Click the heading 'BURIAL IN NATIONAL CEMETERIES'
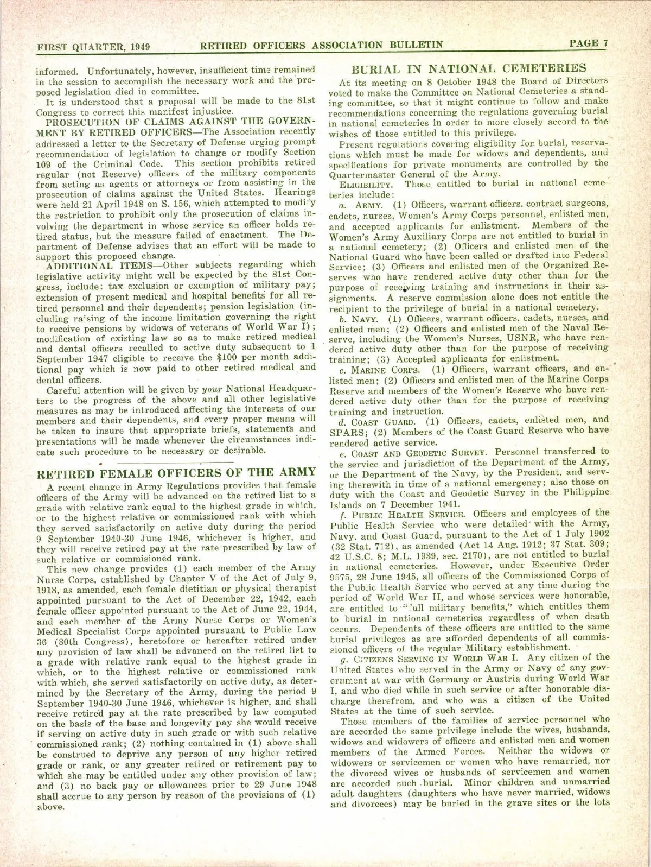click(x=469, y=68)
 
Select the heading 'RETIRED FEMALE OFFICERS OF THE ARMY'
click(x=176, y=472)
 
